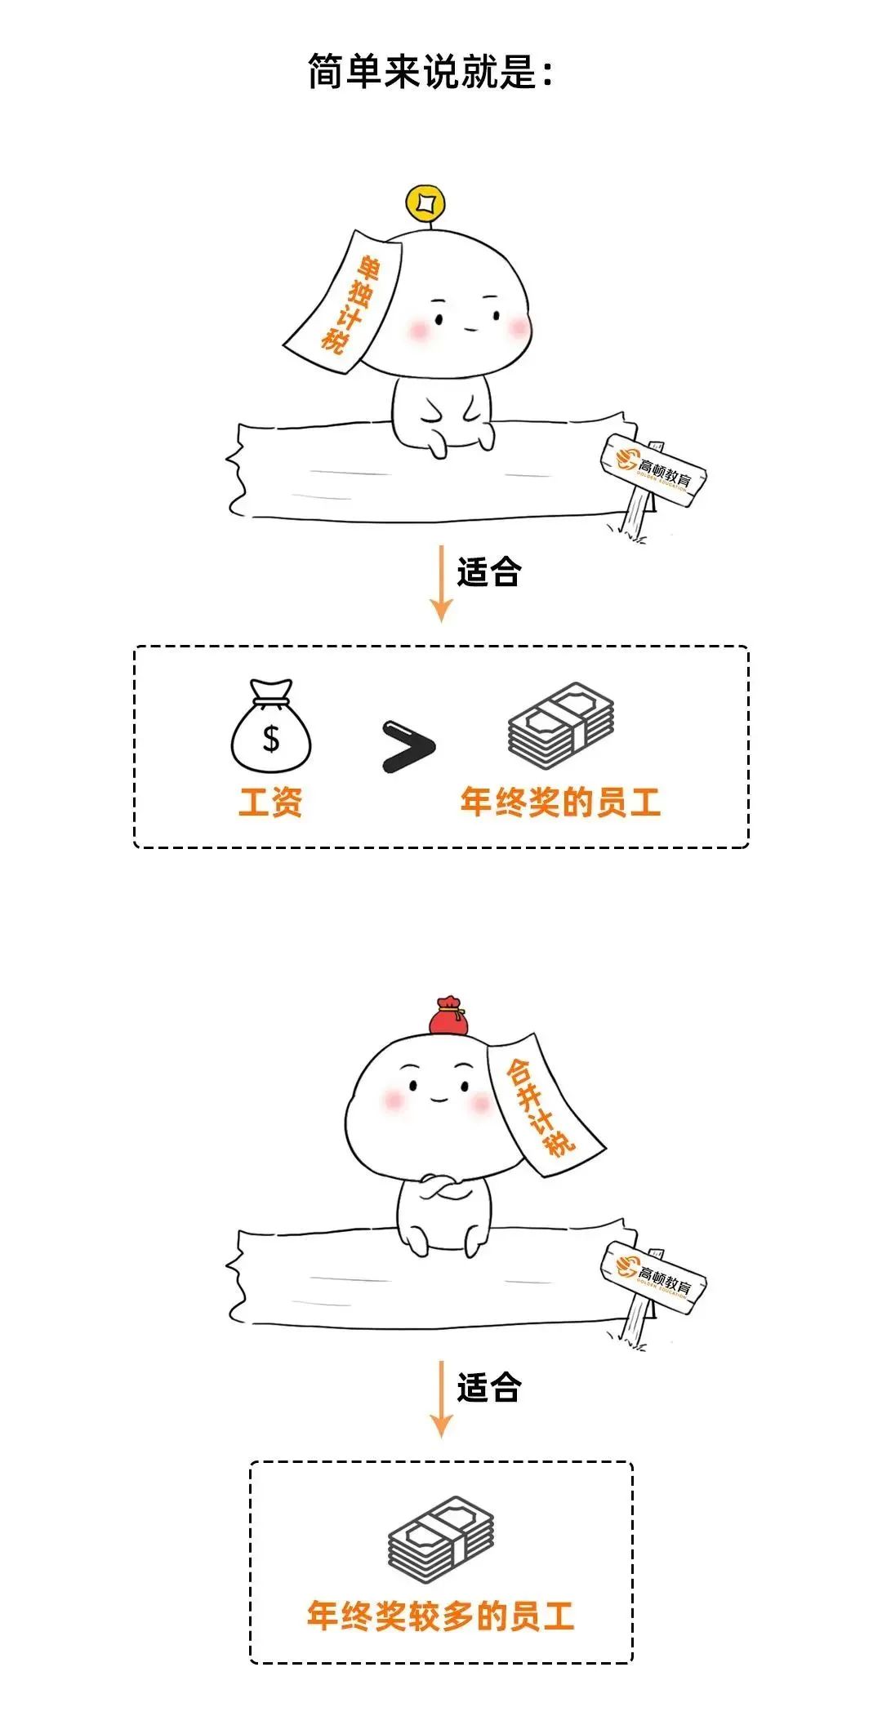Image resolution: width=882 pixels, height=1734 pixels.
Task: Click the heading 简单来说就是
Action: [430, 72]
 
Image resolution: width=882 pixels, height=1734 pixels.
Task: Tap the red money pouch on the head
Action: [448, 1016]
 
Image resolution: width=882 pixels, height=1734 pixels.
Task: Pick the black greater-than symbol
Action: [408, 745]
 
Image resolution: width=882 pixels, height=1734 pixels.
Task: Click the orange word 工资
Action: [270, 802]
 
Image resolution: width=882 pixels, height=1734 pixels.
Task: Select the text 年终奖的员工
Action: [559, 802]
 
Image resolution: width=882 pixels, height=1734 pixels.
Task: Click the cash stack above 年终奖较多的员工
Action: [441, 1534]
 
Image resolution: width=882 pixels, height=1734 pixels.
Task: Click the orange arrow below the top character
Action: [441, 584]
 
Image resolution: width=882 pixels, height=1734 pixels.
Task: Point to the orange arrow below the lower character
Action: [441, 1399]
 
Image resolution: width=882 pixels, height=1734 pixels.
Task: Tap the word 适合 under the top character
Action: [488, 572]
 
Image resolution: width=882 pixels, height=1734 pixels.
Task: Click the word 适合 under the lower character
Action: [488, 1388]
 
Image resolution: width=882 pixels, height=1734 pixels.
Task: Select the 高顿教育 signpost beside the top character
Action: [654, 471]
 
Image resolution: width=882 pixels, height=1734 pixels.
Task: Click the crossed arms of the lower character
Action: [439, 1188]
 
